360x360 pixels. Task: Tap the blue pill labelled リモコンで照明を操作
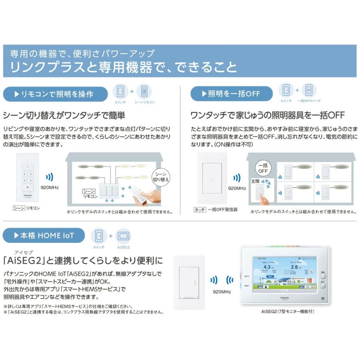pos(55,94)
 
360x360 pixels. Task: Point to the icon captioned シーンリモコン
pos(144,92)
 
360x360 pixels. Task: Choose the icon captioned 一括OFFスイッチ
pos(308,90)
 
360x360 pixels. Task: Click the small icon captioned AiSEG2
pos(123,236)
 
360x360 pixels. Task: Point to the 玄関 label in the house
pos(255,181)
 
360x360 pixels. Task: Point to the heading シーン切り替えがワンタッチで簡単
pos(64,116)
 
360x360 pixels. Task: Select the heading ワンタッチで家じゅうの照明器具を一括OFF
pos(268,116)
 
